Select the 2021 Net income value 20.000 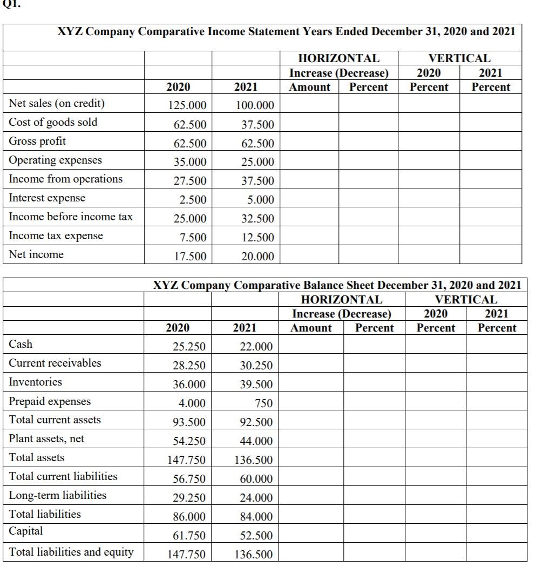tap(257, 256)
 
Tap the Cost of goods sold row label tap(53, 122)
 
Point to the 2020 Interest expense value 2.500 tap(193, 200)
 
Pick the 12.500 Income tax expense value tap(257, 238)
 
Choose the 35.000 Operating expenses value tap(190, 162)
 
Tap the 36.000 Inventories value tap(189, 384)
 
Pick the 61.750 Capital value tap(189, 535)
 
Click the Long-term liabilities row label tap(58, 495)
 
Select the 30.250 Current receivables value tap(256, 366)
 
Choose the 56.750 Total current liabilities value tap(189, 479)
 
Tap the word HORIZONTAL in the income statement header tap(339, 58)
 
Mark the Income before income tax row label tap(71, 217)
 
